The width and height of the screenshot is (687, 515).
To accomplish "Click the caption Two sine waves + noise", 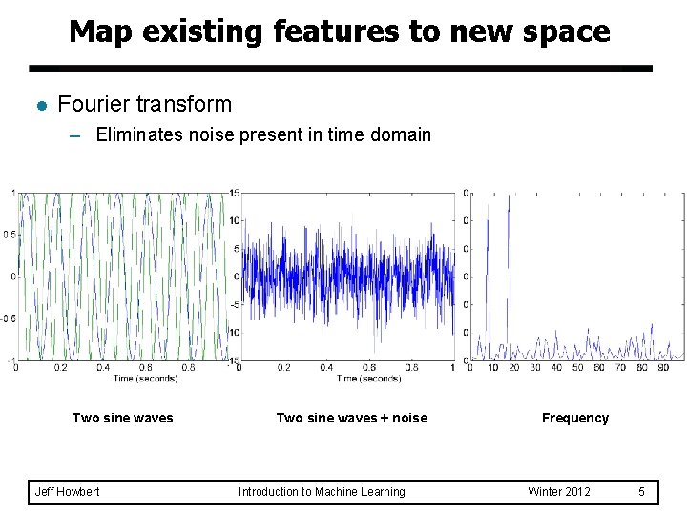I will [x=351, y=418].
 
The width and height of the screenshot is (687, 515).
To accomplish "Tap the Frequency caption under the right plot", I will [x=574, y=418].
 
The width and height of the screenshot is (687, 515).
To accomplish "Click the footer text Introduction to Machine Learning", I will [x=322, y=492].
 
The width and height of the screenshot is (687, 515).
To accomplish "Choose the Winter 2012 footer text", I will [x=559, y=492].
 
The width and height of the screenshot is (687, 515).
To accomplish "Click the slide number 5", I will [x=642, y=492].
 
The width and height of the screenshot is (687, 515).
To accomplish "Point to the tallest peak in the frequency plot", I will [x=509, y=196].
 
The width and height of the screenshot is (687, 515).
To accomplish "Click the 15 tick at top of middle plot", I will [x=234, y=193].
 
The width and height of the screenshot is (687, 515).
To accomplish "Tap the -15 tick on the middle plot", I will [x=233, y=360].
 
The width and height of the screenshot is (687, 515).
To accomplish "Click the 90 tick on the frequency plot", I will [x=663, y=368].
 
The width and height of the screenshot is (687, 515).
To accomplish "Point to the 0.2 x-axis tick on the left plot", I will [x=60, y=368].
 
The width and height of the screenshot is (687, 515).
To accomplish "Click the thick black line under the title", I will [x=340, y=69].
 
